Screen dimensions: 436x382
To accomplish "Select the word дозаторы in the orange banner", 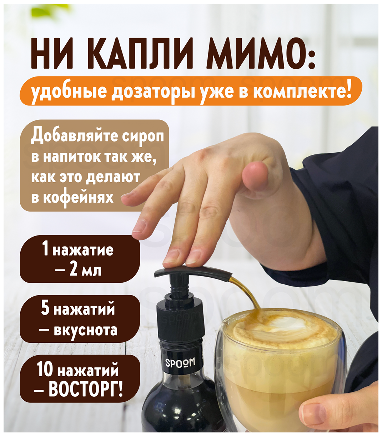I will [x=152, y=91].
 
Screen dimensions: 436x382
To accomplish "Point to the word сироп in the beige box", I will [x=143, y=137].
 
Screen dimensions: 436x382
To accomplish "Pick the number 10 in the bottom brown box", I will [x=45, y=370].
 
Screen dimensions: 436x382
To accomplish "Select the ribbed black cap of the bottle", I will [x=180, y=322].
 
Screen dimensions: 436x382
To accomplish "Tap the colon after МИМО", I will [x=311, y=57].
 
